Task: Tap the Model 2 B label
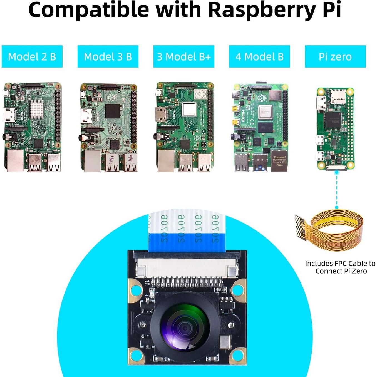tap(32, 57)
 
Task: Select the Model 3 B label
tap(108, 57)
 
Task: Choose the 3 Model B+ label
tap(184, 57)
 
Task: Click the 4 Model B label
tap(259, 57)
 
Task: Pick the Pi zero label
tap(335, 57)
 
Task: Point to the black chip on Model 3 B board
tap(112, 111)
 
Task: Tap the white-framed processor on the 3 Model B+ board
tap(189, 110)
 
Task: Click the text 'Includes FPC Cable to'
tap(340, 263)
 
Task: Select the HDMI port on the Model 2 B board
tap(9, 115)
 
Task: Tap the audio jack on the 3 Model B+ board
tap(157, 137)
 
